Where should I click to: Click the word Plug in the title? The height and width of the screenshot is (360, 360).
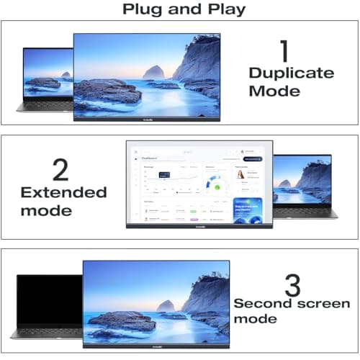142,9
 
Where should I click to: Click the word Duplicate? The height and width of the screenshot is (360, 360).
291,73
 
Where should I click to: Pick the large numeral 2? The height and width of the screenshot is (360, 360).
62,170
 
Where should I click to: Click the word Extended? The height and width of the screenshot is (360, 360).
63,192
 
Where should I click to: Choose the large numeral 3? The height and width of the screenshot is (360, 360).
292,285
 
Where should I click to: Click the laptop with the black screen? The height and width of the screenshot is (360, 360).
49,305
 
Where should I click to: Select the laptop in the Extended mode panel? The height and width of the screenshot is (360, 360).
302,186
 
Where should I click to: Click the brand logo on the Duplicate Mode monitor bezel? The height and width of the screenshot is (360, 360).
147,117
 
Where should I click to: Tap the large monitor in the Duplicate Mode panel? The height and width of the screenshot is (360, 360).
147,76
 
